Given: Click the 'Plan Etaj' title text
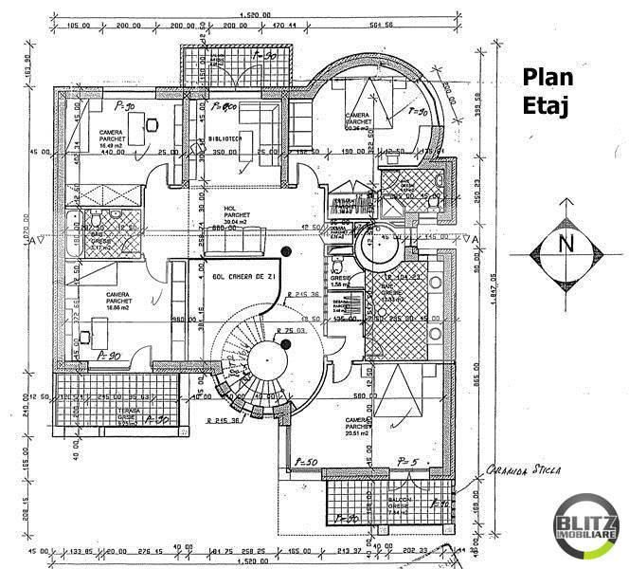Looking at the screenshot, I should click(546, 92).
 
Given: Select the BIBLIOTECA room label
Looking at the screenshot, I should click(225, 139).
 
